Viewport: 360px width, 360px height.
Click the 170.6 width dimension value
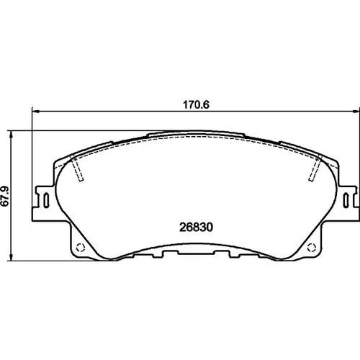196,105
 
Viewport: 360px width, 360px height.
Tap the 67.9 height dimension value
5,196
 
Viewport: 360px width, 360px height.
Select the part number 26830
196,227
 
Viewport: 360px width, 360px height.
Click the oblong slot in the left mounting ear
46,199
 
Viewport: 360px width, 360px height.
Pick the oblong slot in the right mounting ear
346,199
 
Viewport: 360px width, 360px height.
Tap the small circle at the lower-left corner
81,248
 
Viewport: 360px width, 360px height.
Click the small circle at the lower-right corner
312,248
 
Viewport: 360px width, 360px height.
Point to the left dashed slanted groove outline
78,168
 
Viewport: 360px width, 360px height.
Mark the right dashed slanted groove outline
315,168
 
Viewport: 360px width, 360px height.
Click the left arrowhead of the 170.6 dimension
35,112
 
